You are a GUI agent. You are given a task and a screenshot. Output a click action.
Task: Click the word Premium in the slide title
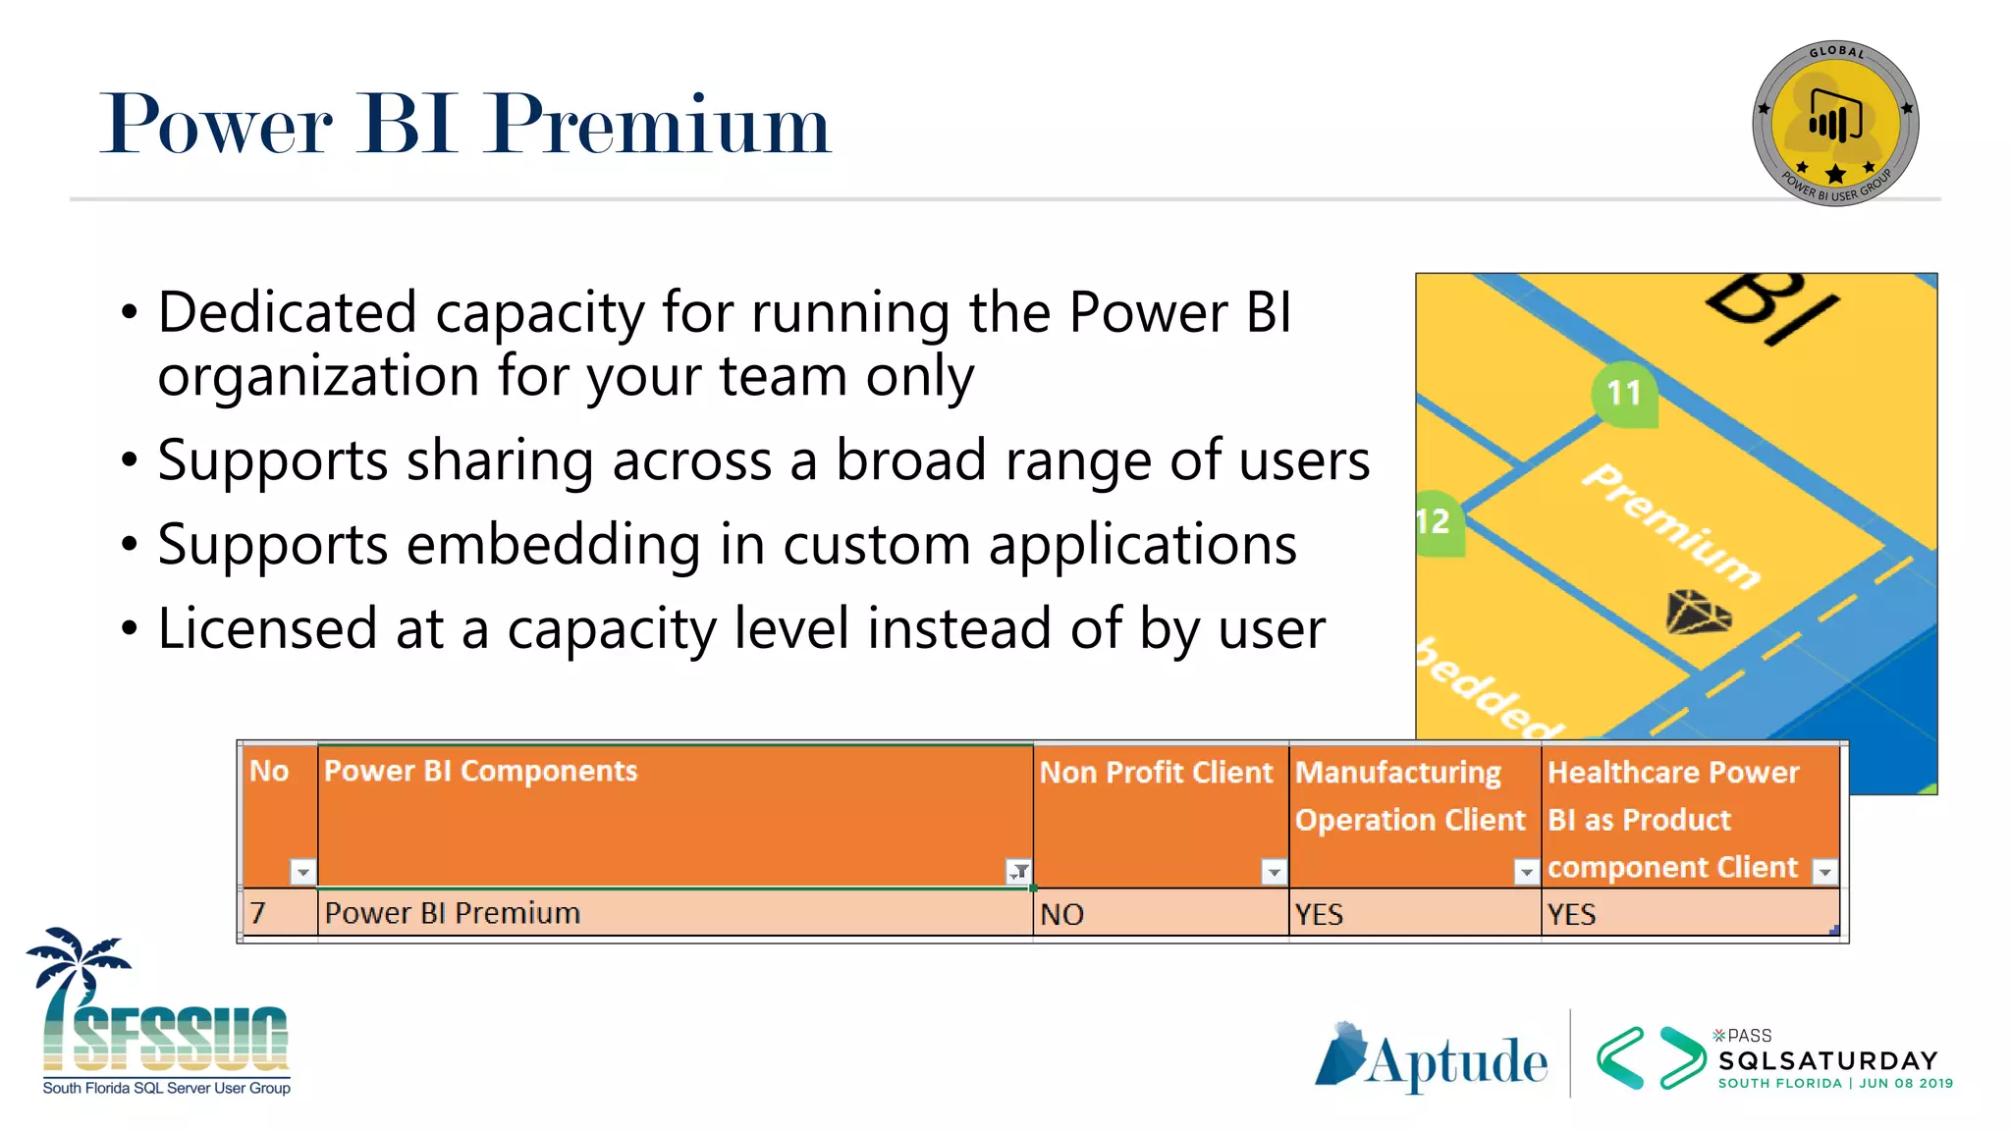coord(660,126)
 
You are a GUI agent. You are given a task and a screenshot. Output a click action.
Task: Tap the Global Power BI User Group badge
coord(1835,124)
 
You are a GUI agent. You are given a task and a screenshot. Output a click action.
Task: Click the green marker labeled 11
coord(1624,394)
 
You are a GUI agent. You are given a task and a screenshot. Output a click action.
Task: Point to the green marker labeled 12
coord(1437,521)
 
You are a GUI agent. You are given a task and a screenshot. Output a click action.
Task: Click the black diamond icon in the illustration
coord(1697,613)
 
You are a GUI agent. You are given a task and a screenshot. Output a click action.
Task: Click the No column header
coord(269,772)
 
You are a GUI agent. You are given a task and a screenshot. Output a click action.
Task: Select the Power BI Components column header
coord(481,772)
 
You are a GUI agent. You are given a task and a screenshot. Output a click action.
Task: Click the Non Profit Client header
coord(1156,774)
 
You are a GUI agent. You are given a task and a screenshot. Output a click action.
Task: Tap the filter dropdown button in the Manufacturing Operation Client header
coord(1526,871)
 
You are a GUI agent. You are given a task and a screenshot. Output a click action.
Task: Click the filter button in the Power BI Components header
coord(1019,871)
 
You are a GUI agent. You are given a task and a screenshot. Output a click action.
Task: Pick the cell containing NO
coord(1062,914)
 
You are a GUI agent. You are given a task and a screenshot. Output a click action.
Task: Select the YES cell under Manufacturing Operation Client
coord(1318,914)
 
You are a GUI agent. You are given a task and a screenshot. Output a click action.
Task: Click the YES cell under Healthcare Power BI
coord(1571,914)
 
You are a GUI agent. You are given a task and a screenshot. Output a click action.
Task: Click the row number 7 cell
coord(258,914)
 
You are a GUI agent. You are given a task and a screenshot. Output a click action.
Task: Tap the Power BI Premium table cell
coord(453,914)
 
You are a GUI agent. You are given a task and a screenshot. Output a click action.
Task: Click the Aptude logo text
coord(1457,1063)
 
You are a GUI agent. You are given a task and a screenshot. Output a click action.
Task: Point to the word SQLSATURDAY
coord(1827,1060)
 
